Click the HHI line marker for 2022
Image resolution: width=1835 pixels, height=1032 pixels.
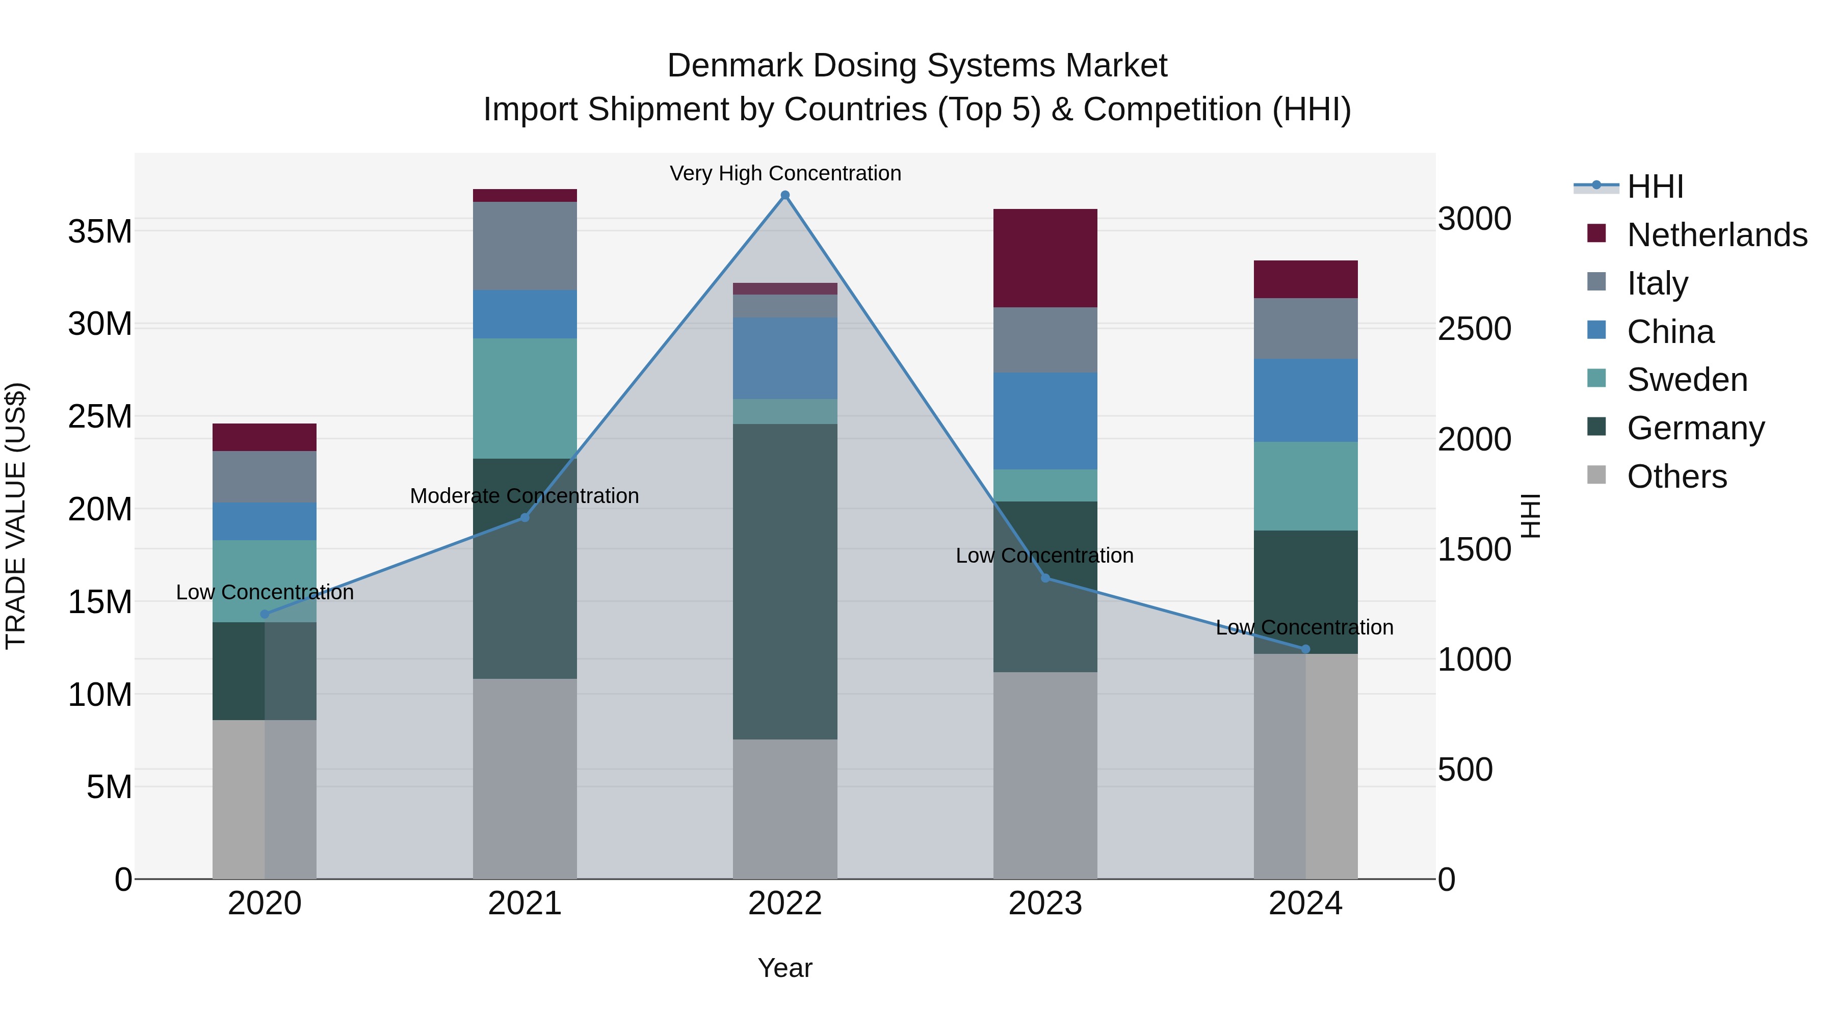tap(785, 195)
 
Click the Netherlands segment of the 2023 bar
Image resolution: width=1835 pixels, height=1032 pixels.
tap(1045, 258)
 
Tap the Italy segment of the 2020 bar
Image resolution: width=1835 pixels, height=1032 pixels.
tap(264, 477)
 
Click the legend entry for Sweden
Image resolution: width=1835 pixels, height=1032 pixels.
tap(1687, 380)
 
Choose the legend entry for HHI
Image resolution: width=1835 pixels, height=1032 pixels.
tap(1655, 187)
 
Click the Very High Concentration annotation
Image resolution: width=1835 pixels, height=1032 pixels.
tap(785, 173)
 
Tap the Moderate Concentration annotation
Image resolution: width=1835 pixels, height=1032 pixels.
tap(525, 496)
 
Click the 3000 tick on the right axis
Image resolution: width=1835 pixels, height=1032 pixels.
tap(1474, 219)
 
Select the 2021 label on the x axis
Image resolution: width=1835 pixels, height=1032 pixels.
tap(525, 904)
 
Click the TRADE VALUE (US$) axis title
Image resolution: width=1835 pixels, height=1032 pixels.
tap(16, 516)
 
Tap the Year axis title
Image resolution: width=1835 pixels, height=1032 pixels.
tap(785, 968)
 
